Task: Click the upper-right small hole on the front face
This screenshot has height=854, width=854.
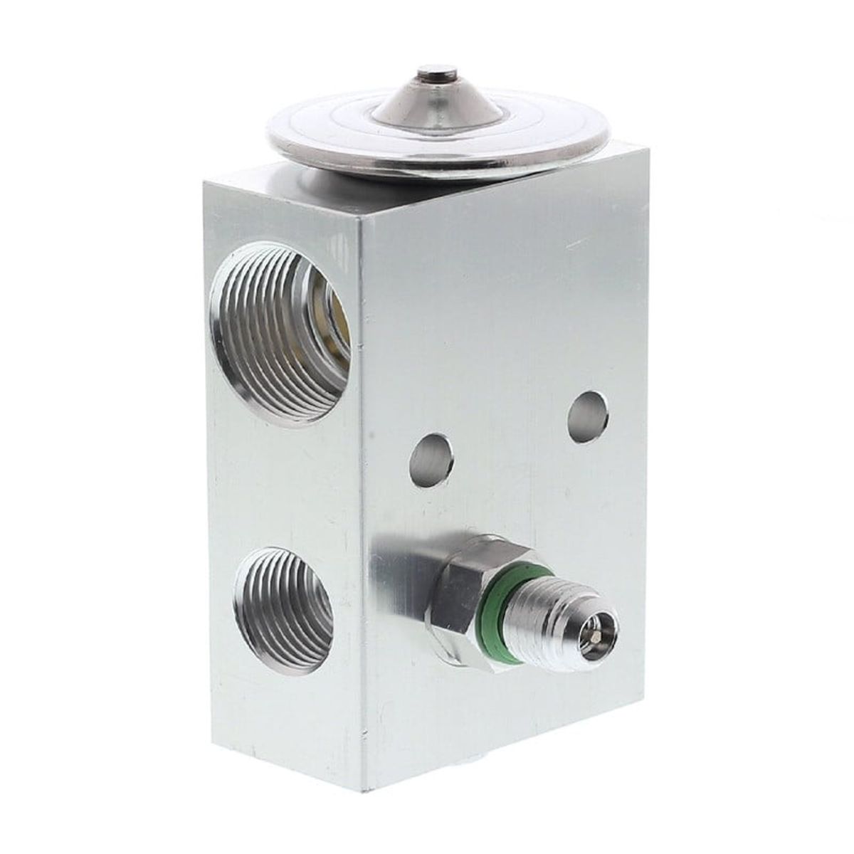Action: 589,416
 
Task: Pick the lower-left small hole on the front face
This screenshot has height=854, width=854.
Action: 432,460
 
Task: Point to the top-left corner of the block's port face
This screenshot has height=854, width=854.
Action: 204,183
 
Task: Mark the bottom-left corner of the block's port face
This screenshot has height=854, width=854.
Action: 212,740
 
